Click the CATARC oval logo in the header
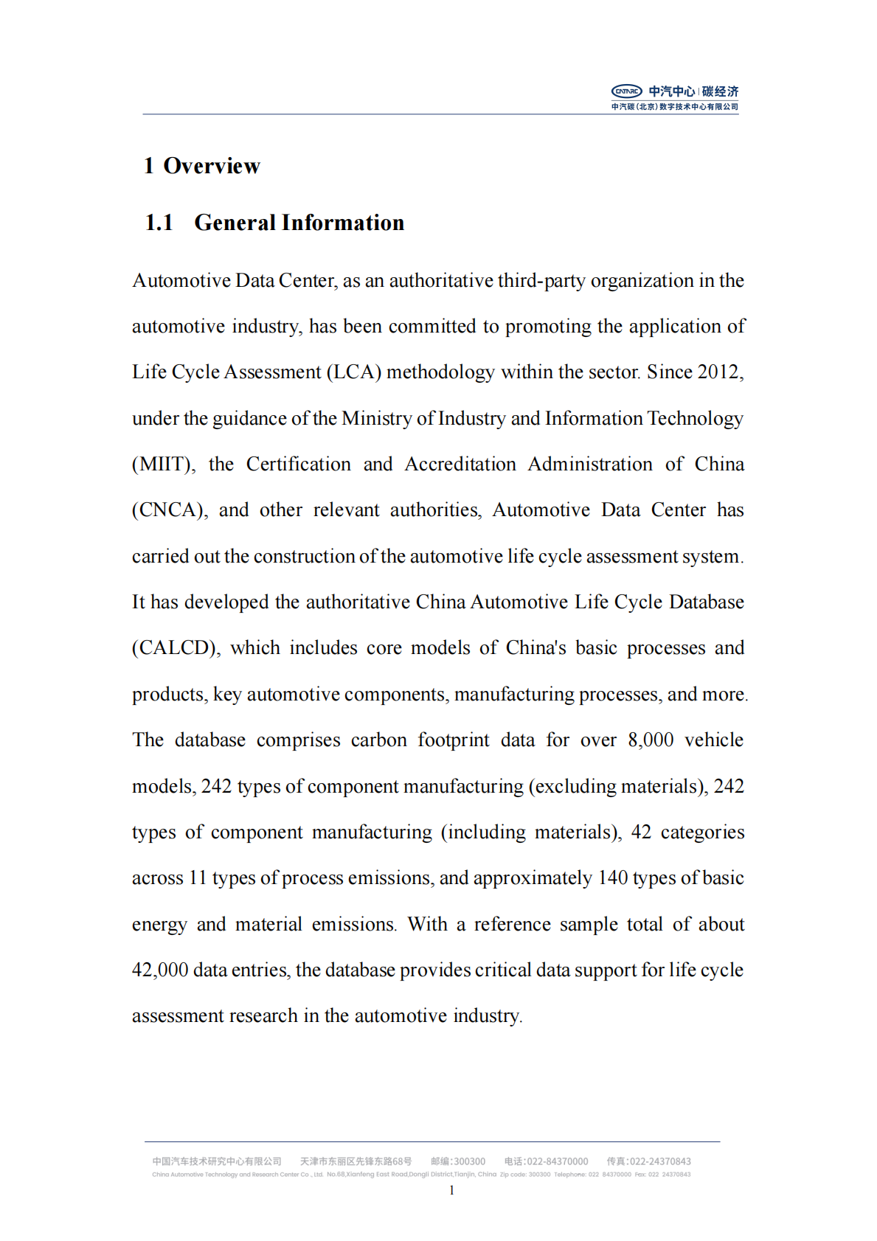click(626, 91)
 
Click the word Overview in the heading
click(212, 166)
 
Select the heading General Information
click(299, 223)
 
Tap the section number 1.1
click(159, 223)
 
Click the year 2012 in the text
click(718, 372)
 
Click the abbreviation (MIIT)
click(163, 464)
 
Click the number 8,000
click(651, 740)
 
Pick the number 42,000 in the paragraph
click(160, 970)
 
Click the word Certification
click(298, 464)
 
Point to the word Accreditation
click(460, 464)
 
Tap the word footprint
click(453, 740)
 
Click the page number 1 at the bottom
click(451, 1190)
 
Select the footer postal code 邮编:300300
click(458, 1161)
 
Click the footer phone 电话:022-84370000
click(546, 1161)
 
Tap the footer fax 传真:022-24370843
click(648, 1161)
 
